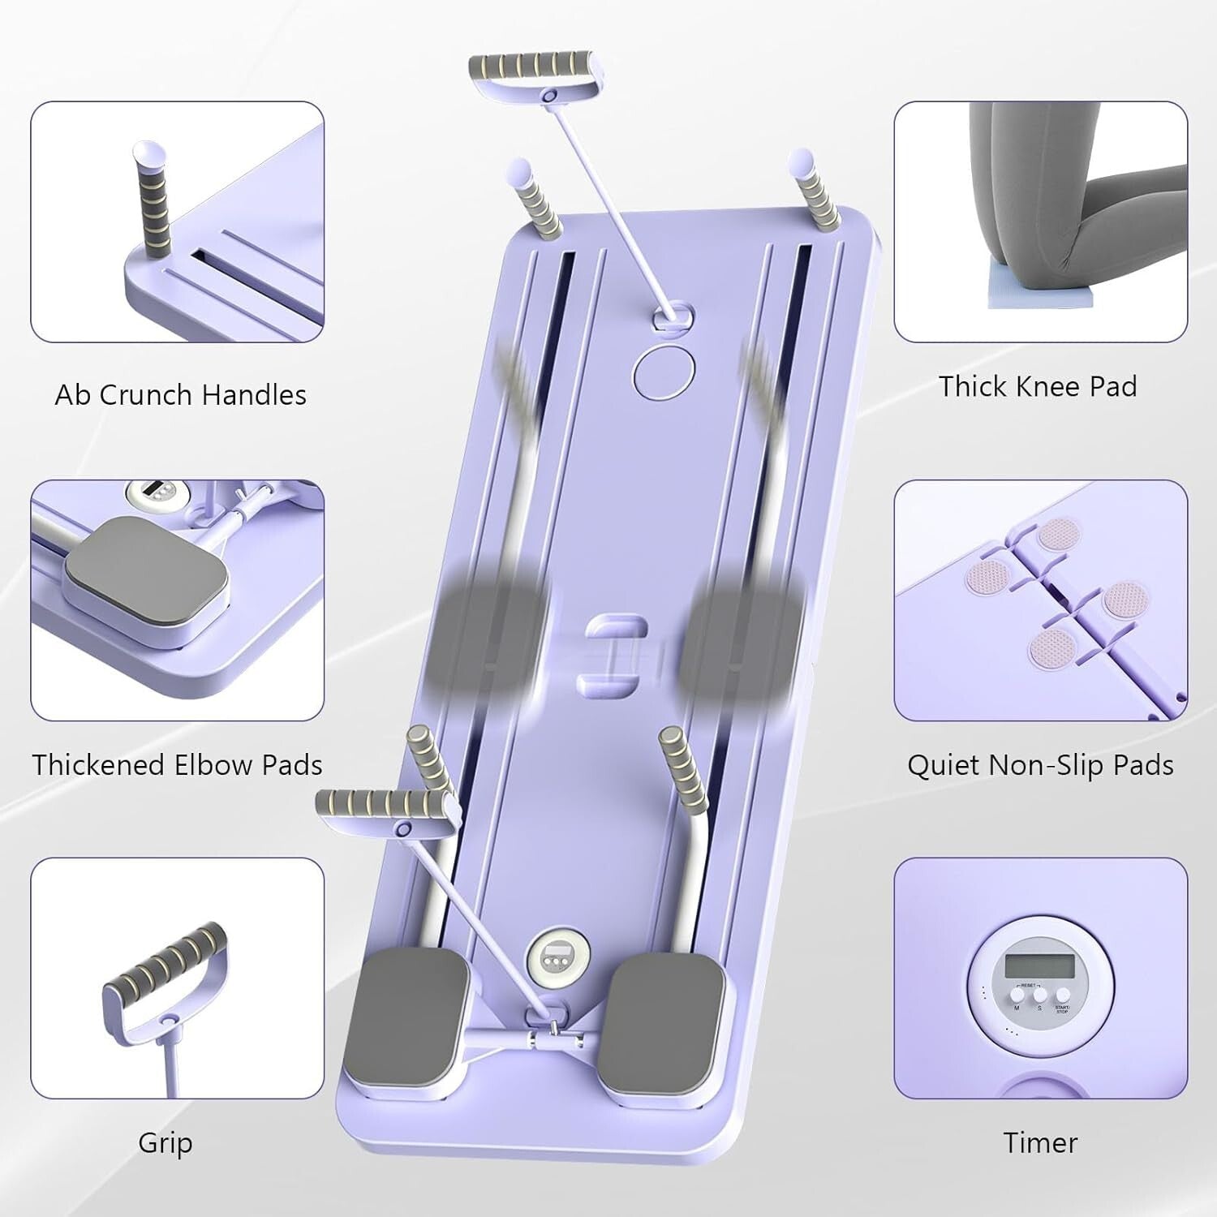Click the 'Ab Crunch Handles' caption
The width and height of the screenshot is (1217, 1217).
[180, 395]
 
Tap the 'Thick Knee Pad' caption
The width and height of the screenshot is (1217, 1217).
[1038, 386]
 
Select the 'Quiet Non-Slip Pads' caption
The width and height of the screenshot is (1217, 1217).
[1040, 765]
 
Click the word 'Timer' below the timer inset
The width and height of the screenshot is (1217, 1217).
[1040, 1142]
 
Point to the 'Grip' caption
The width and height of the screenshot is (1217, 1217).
[166, 1142]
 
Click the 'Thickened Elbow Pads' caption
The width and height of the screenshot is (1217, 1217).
[177, 765]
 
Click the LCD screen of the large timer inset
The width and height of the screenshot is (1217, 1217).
[1039, 965]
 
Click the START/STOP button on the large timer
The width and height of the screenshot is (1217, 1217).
[1062, 995]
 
